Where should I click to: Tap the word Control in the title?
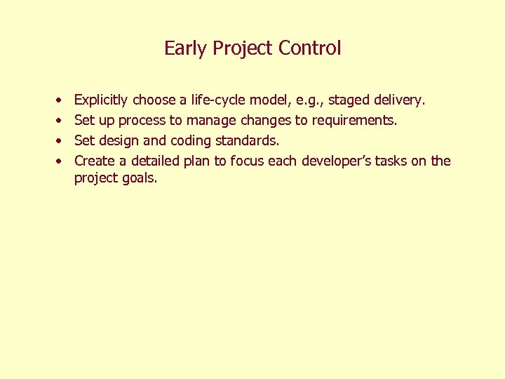click(309, 48)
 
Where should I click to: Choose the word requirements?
click(354, 121)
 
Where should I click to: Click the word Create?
click(95, 161)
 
